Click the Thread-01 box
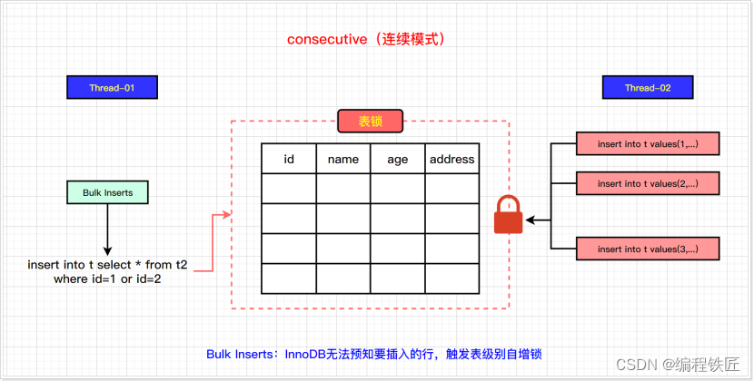point(113,87)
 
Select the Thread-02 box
point(648,87)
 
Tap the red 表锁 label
point(370,122)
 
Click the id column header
point(289,159)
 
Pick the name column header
point(343,159)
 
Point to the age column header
point(398,159)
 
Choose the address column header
point(451,159)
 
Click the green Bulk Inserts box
point(107,192)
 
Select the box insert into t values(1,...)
point(647,144)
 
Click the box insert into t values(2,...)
point(647,183)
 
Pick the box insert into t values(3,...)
point(647,248)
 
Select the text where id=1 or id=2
point(106,278)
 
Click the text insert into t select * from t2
point(106,264)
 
